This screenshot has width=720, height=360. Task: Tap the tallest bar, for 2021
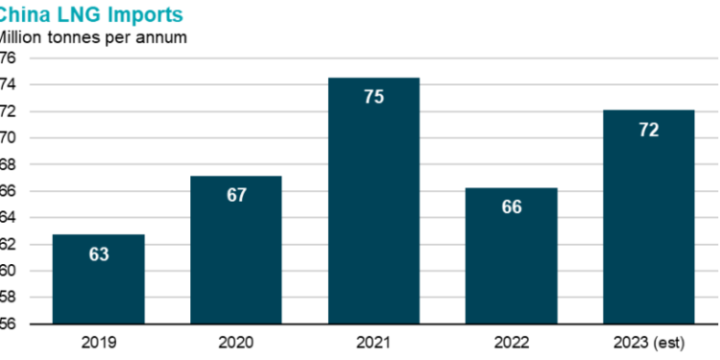pyautogui.click(x=373, y=211)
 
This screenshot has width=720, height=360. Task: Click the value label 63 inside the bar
pyautogui.click(x=99, y=254)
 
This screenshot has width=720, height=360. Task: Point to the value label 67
pyautogui.click(x=236, y=195)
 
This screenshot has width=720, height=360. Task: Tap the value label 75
pyautogui.click(x=373, y=97)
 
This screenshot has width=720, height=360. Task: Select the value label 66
pyautogui.click(x=511, y=206)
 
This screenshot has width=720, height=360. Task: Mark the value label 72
pyautogui.click(x=648, y=130)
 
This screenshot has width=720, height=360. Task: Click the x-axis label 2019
pyautogui.click(x=99, y=343)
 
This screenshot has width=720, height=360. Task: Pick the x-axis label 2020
pyautogui.click(x=236, y=343)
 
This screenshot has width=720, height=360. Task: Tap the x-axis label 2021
pyautogui.click(x=373, y=343)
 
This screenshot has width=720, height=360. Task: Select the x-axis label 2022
pyautogui.click(x=511, y=343)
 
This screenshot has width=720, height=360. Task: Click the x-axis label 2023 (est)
pyautogui.click(x=648, y=343)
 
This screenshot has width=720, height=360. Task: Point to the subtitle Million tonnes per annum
pyautogui.click(x=91, y=37)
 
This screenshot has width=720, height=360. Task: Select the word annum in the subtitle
pyautogui.click(x=163, y=38)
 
